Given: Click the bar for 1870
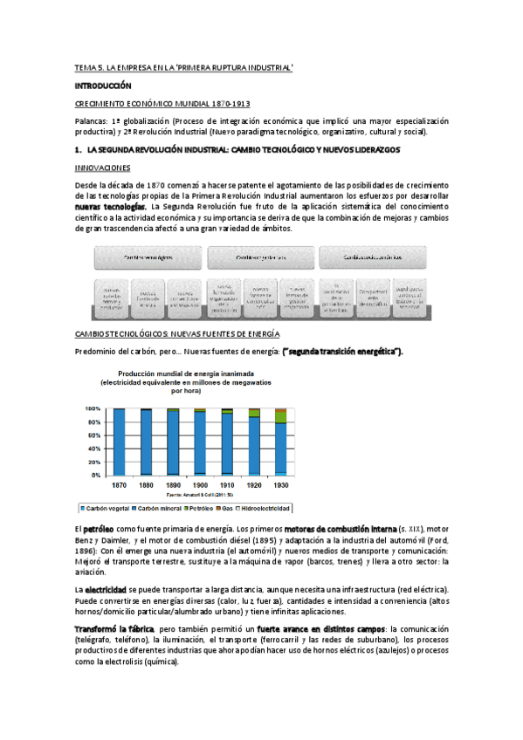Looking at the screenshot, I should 120,442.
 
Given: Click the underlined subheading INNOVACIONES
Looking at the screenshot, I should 103,168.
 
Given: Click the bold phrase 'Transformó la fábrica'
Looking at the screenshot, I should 114,628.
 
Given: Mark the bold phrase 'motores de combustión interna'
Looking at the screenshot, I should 339,529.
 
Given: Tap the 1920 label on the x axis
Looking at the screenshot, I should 253,483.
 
